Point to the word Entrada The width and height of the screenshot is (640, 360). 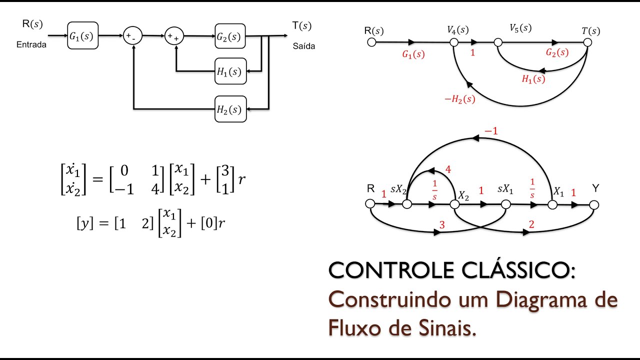(31, 44)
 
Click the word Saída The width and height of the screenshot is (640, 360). (304, 46)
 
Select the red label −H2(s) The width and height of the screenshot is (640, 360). (459, 99)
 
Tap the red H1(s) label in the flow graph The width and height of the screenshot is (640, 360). (533, 79)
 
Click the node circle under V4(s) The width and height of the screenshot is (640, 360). (454, 42)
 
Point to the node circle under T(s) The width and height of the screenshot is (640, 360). (587, 42)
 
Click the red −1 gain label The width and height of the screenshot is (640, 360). (491, 131)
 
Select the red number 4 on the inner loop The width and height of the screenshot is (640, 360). (447, 169)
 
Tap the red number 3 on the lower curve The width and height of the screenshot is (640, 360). (441, 225)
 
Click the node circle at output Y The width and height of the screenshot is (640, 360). (594, 204)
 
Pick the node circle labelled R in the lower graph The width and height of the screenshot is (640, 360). (370, 204)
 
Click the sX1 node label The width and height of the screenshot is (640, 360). (505, 190)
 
